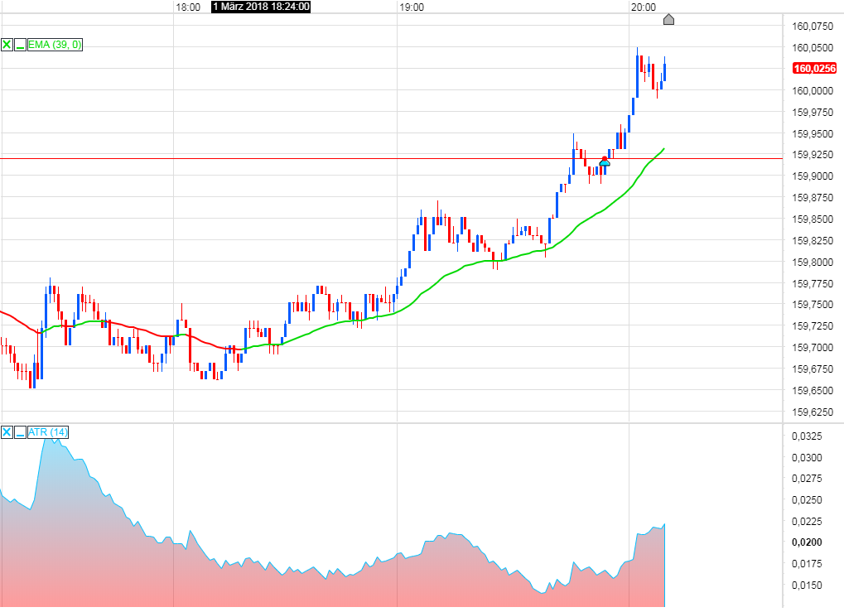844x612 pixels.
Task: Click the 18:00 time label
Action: [x=188, y=7]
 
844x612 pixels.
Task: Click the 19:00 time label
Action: [x=412, y=7]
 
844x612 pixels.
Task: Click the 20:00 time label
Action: [x=642, y=7]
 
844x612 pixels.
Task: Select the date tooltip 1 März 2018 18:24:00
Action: [x=261, y=7]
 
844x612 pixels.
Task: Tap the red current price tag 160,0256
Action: [x=813, y=69]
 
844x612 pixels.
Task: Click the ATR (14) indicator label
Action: [x=48, y=432]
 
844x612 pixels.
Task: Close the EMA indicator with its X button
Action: [x=7, y=45]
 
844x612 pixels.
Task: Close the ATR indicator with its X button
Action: [x=7, y=432]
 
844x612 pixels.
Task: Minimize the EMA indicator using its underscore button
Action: [x=20, y=45]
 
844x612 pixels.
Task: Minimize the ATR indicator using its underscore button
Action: [x=20, y=432]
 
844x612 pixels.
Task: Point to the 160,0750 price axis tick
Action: [x=813, y=26]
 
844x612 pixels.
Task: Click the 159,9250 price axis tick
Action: [x=813, y=155]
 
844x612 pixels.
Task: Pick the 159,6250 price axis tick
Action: [x=813, y=412]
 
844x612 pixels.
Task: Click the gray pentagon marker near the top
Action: [x=669, y=19]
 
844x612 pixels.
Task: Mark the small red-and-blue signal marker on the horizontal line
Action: [x=605, y=161]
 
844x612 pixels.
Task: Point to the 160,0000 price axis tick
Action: [x=813, y=90]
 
